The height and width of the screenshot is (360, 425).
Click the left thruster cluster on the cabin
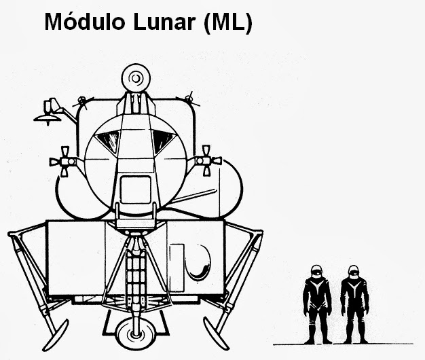(x=65, y=161)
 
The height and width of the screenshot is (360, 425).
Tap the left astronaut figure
(x=316, y=302)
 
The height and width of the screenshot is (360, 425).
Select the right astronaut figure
(x=354, y=302)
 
